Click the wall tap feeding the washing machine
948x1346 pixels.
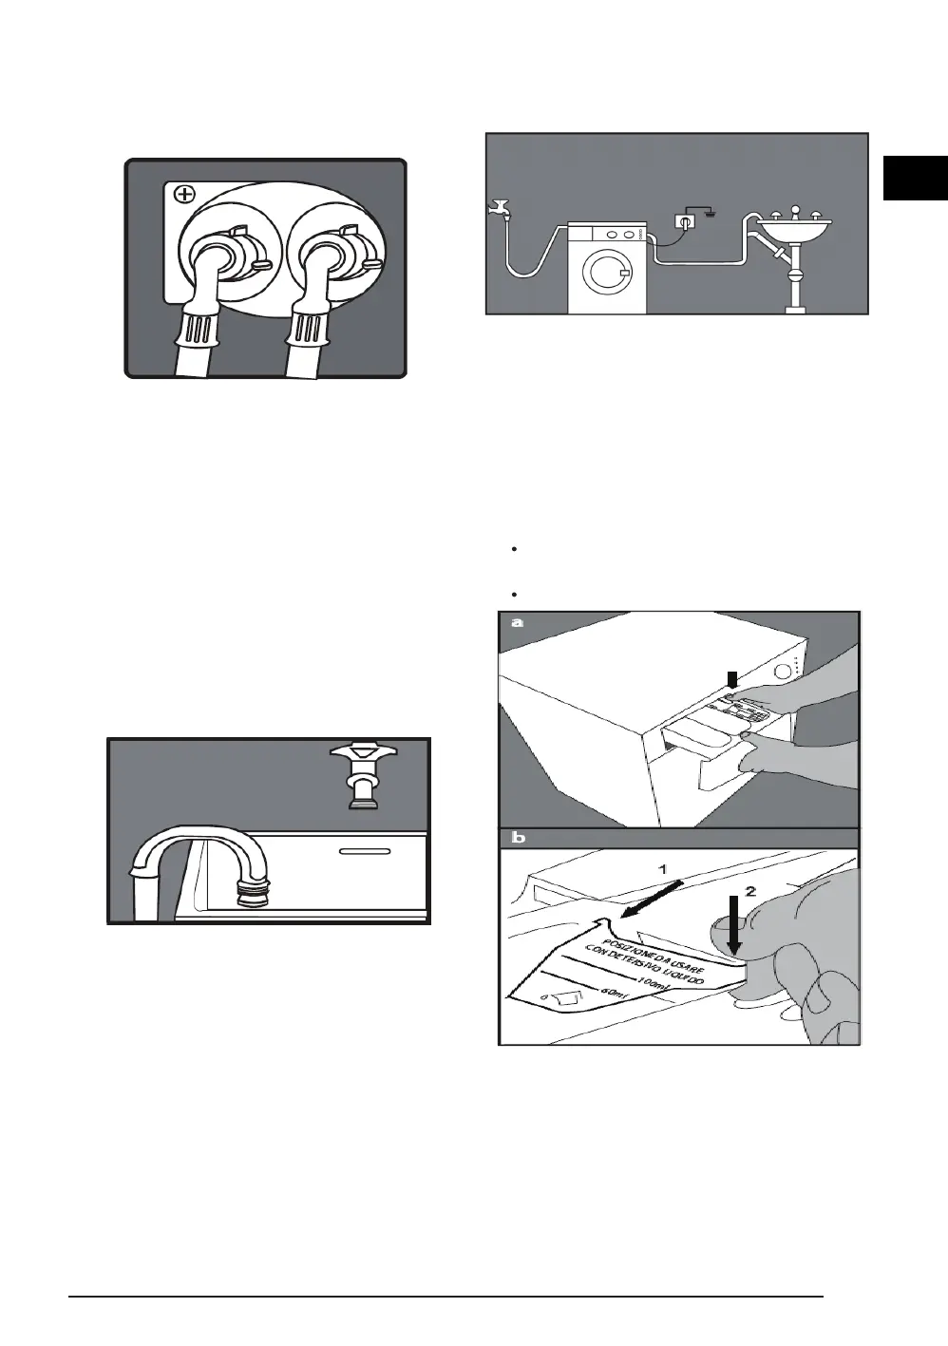(x=498, y=207)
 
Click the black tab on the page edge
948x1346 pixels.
(x=915, y=177)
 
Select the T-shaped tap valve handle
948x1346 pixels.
(x=362, y=759)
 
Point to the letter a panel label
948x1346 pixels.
(x=517, y=623)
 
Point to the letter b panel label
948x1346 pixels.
(x=517, y=839)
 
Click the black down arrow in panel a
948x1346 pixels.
(x=731, y=679)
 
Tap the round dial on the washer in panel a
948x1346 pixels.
(x=783, y=672)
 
